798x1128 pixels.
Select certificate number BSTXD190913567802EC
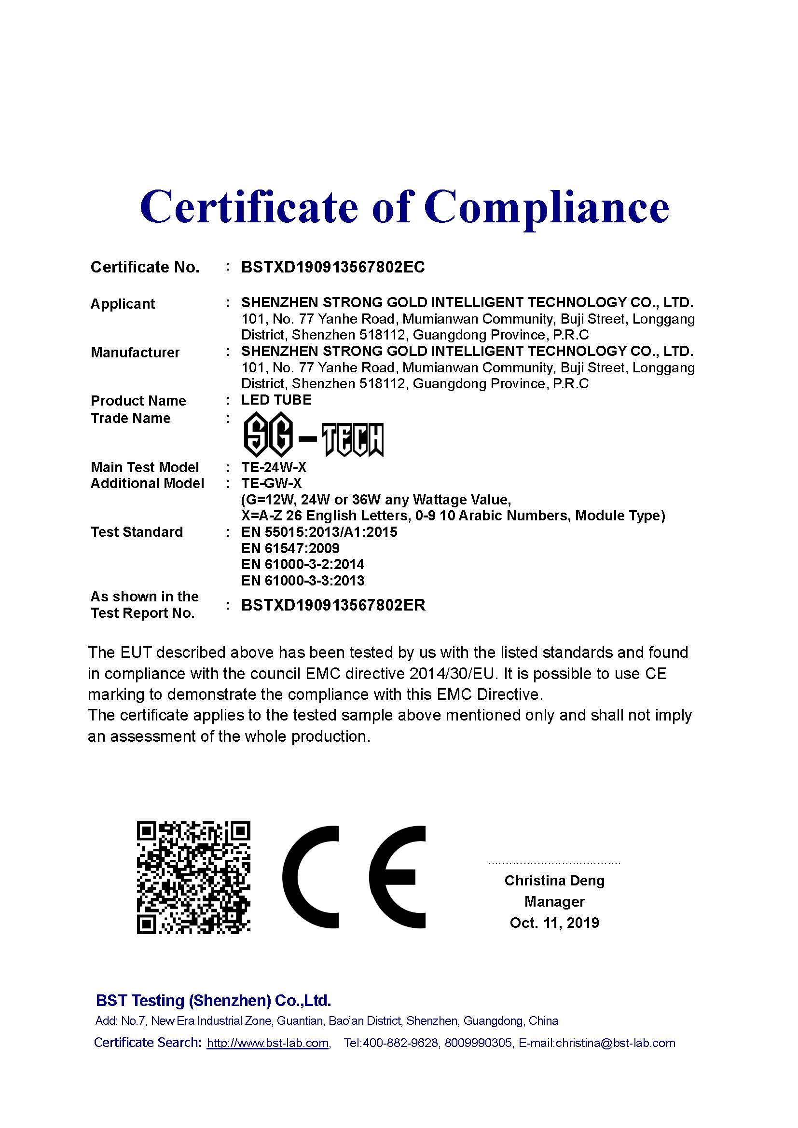(333, 267)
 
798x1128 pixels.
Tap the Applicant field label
(123, 304)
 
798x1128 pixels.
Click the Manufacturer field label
(135, 352)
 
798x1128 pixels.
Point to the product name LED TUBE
(276, 400)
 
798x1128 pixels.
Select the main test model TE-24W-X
(274, 467)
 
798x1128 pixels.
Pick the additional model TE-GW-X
(271, 483)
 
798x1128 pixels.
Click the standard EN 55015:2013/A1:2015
(319, 531)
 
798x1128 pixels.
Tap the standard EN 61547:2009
(290, 548)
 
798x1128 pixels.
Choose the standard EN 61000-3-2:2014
(303, 564)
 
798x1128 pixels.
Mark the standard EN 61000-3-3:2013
(303, 580)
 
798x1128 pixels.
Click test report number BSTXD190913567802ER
(333, 605)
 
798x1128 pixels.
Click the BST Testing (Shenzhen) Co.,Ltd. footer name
(213, 1000)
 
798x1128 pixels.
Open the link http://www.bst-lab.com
(268, 1043)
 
